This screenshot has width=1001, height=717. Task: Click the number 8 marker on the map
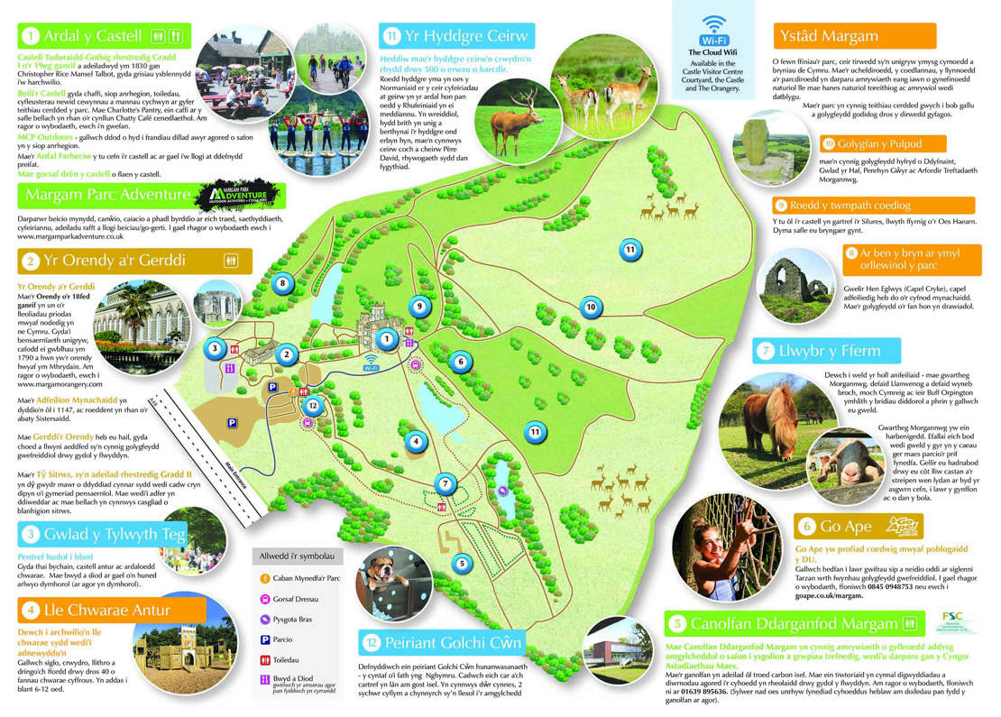point(283,283)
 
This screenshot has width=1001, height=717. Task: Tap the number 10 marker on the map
point(591,307)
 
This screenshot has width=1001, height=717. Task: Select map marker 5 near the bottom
point(462,564)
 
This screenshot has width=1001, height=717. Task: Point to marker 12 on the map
point(312,405)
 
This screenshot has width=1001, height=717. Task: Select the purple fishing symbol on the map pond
point(503,492)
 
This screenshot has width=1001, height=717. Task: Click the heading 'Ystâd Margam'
point(825,36)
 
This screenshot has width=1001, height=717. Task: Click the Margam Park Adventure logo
point(246,195)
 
